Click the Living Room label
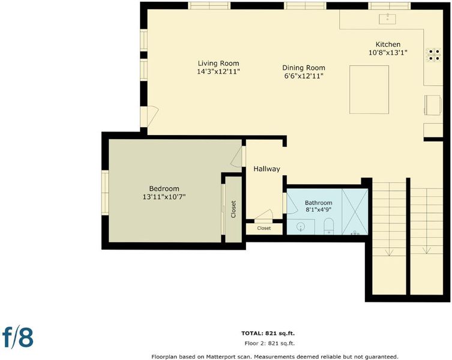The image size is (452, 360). click(x=218, y=64)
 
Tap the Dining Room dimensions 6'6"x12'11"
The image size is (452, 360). click(x=304, y=76)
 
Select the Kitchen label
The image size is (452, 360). click(x=388, y=44)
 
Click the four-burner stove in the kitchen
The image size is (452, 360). click(x=434, y=55)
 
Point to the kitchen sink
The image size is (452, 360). click(x=387, y=19)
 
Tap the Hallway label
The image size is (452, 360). click(x=267, y=169)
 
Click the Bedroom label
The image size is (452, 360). click(x=164, y=189)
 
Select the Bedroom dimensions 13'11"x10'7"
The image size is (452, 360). click(x=164, y=197)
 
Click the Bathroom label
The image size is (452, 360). click(x=319, y=203)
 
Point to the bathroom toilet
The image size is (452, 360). click(x=328, y=226)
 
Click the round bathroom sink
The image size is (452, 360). click(x=301, y=227)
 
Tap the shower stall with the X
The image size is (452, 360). click(x=355, y=212)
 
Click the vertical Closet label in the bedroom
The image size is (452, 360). click(x=234, y=209)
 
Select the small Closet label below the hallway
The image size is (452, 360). click(x=264, y=228)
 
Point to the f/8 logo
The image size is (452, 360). click(x=18, y=337)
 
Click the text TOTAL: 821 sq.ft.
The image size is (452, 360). click(x=268, y=334)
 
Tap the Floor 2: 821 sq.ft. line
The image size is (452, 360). click(x=270, y=343)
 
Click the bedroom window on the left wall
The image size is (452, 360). click(x=105, y=192)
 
